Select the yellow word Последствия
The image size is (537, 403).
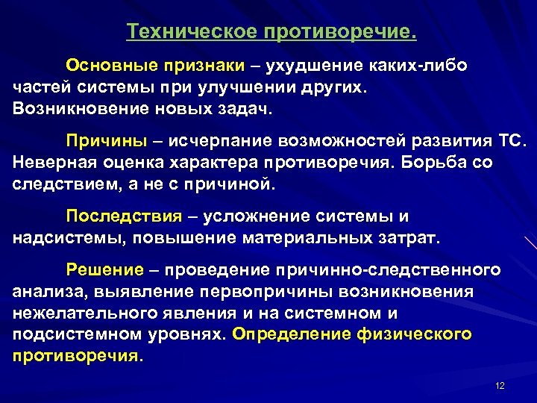[124, 216]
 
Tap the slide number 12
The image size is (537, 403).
[500, 385]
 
